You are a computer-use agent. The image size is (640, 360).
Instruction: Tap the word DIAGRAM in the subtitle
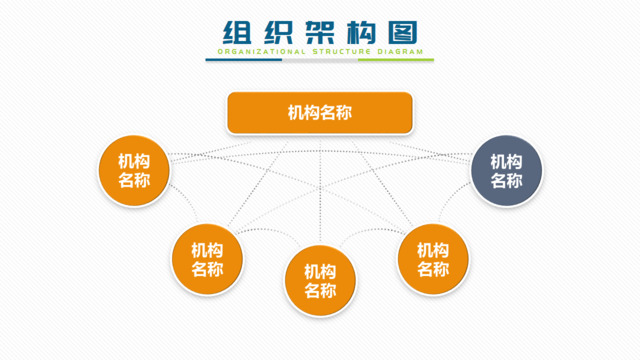(x=400, y=50)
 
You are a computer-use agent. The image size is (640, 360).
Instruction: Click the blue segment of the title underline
(x=244, y=60)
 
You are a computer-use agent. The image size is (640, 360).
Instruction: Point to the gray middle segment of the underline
(x=320, y=60)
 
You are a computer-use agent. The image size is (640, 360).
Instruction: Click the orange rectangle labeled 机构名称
(x=320, y=113)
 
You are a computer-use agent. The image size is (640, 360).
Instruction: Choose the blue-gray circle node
(x=506, y=171)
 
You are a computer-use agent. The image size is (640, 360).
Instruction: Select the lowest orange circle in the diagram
(x=320, y=281)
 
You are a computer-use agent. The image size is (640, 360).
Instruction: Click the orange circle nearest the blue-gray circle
(x=432, y=259)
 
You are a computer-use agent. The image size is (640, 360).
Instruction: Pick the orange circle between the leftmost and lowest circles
(x=207, y=259)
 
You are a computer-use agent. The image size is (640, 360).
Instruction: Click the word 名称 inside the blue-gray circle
(x=506, y=181)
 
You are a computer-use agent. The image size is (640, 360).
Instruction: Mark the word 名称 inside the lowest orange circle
(x=320, y=291)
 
